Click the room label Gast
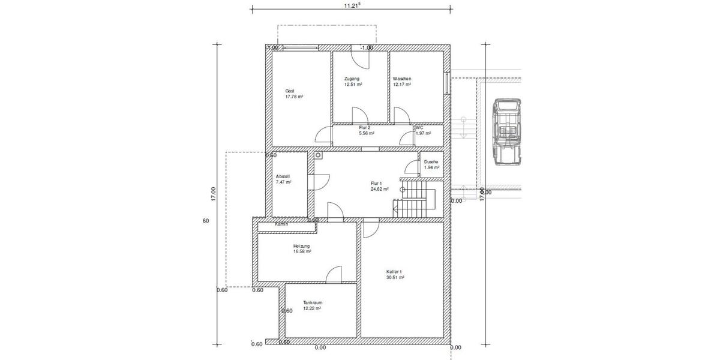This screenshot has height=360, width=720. [x=290, y=91]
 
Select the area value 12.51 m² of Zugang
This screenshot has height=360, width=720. [x=353, y=85]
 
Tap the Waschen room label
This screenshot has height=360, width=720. [x=402, y=79]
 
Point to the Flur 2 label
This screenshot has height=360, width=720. [x=364, y=128]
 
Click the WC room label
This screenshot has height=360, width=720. [x=419, y=127]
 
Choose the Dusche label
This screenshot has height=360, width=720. [x=431, y=162]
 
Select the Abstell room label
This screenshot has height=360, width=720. [x=283, y=176]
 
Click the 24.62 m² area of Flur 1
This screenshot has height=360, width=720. [x=379, y=189]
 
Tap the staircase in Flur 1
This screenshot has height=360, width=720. [x=414, y=201]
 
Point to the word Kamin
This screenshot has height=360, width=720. [x=281, y=224]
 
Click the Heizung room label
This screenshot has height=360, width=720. [x=302, y=246]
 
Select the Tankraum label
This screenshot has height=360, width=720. [x=313, y=302]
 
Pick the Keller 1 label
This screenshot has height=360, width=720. [x=395, y=272]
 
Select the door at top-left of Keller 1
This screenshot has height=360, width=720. [x=371, y=229]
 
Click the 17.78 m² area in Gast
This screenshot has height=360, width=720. [x=294, y=97]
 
